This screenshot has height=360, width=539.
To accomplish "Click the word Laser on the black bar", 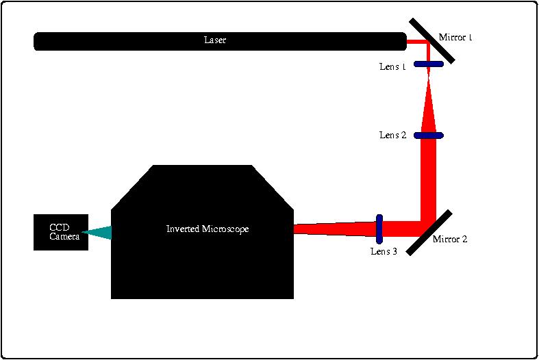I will click(215, 40).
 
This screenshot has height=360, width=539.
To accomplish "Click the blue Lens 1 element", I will click(429, 64).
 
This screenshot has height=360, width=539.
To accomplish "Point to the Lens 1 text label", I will click(392, 67).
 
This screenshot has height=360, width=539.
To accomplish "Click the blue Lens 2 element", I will click(429, 136).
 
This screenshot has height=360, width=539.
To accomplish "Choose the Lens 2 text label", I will click(393, 136).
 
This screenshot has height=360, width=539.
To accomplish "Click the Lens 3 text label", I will click(384, 251).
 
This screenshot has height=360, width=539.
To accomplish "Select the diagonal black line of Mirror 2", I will click(429, 233).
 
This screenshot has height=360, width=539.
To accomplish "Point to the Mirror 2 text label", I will click(450, 240).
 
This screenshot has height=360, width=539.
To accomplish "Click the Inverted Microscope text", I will click(208, 229).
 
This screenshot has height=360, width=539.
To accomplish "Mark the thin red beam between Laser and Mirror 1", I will click(416, 42).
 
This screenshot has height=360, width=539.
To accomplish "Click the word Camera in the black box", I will click(64, 236).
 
